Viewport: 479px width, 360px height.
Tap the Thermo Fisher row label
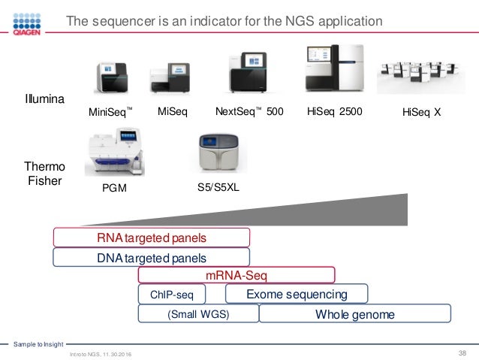(44, 174)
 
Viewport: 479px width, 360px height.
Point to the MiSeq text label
(172, 113)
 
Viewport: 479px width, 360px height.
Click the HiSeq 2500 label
(334, 113)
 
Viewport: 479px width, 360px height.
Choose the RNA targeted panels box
(151, 237)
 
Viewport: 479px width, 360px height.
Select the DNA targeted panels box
(151, 258)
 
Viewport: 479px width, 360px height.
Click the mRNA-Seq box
(236, 276)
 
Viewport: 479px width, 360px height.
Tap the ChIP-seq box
(173, 294)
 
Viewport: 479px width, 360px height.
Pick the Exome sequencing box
(297, 294)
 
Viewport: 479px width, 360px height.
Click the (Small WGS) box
(198, 313)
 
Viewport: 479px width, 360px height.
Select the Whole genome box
(354, 313)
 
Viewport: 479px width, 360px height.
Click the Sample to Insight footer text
(37, 344)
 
